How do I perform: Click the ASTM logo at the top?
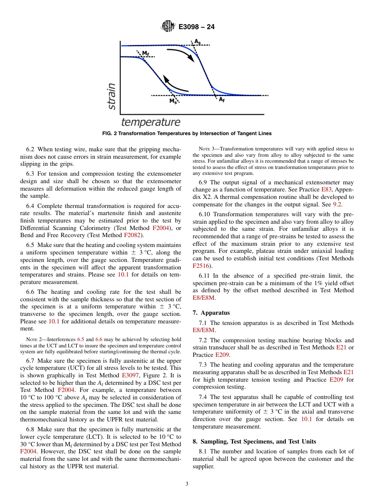[x=168, y=27]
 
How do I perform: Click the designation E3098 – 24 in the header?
[x=196, y=27]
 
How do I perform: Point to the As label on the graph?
[x=197, y=41]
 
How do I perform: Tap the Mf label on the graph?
[x=145, y=53]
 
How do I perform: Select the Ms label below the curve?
[x=173, y=101]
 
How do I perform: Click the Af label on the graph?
[x=222, y=100]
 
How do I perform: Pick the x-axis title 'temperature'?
[x=150, y=122]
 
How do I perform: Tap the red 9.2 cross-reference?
[x=337, y=204]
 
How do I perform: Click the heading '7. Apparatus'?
[x=211, y=313]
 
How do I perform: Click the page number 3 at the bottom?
[x=187, y=484]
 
